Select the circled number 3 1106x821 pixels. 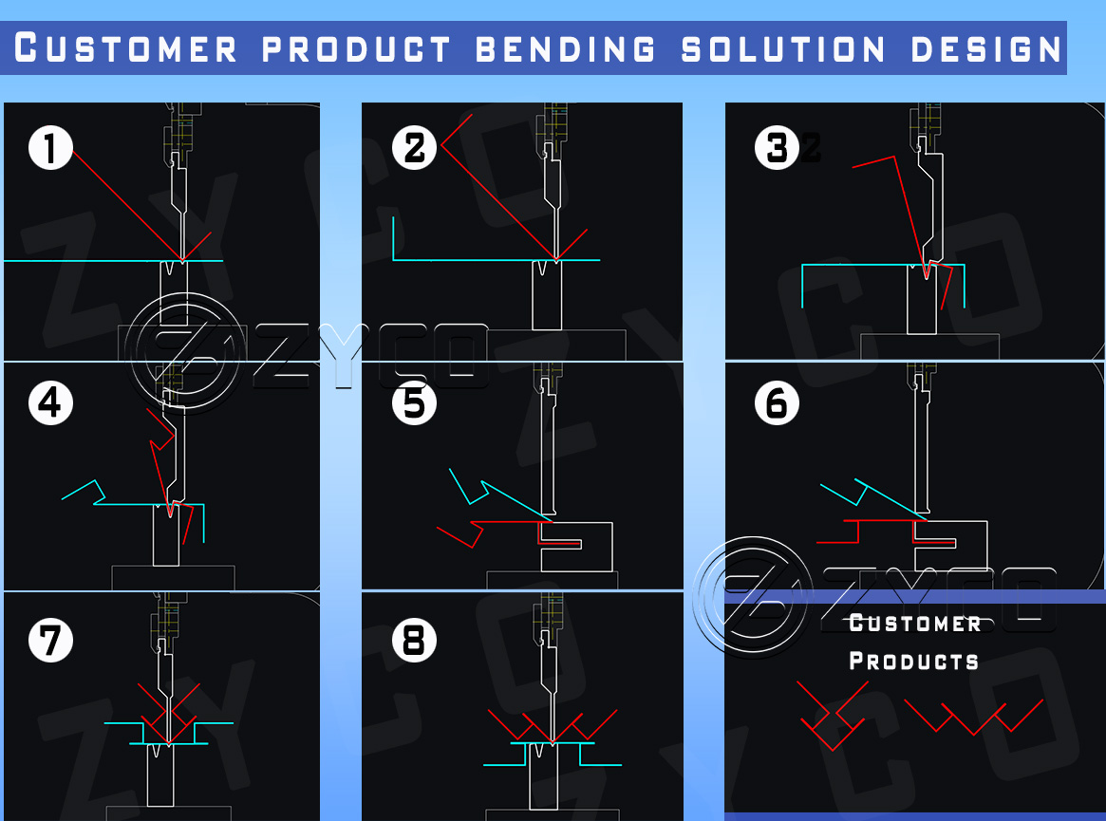(x=778, y=148)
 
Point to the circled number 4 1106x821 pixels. (x=51, y=402)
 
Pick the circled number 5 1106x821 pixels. (x=415, y=402)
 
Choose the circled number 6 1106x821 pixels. (x=778, y=402)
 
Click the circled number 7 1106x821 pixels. (x=51, y=640)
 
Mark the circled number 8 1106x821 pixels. (x=415, y=641)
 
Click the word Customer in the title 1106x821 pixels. (x=126, y=47)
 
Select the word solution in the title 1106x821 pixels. (x=784, y=47)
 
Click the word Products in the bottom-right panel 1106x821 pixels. (x=913, y=661)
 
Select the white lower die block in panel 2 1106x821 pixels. (x=546, y=296)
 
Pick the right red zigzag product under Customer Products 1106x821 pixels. (x=973, y=717)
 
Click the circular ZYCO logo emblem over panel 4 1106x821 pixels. (x=186, y=353)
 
